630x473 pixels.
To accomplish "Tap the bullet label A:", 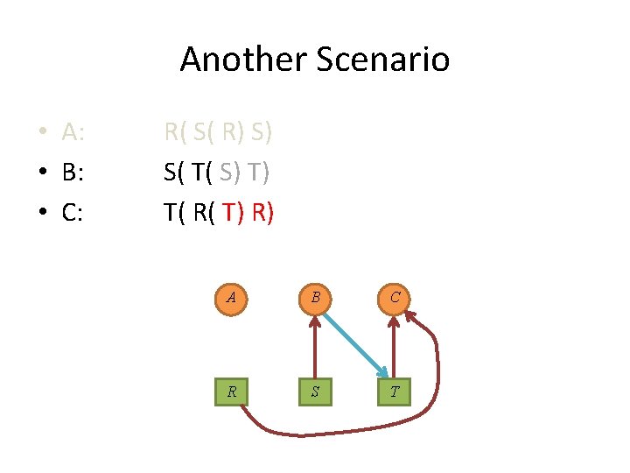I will (x=73, y=133).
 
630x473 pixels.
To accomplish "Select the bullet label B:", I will (x=73, y=173).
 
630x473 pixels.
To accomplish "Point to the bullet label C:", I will (x=73, y=212).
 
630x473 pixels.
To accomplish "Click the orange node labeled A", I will (x=231, y=297).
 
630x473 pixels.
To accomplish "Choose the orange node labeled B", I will (x=313, y=297).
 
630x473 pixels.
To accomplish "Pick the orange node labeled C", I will (x=395, y=297).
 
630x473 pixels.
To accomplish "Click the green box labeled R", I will (x=231, y=392).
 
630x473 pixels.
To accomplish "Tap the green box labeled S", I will (x=313, y=392).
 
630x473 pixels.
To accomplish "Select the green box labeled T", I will (x=395, y=392).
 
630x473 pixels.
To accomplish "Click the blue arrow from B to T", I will (x=354, y=344).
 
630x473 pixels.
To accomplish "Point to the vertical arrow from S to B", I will (x=313, y=346).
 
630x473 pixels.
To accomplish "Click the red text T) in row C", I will (x=234, y=212).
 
